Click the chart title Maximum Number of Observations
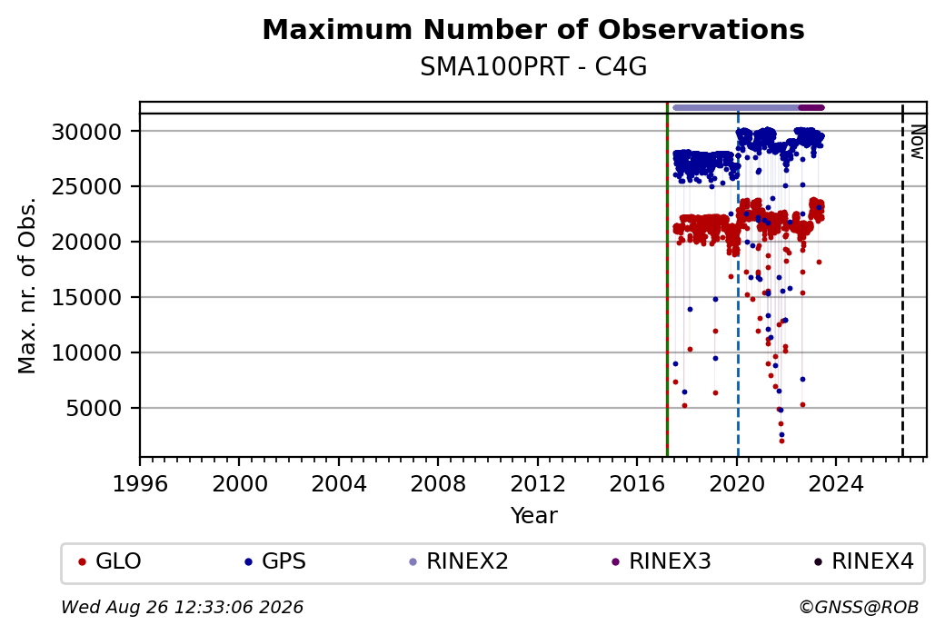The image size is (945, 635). pyautogui.click(x=533, y=29)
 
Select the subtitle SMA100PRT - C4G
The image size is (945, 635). pyautogui.click(x=533, y=67)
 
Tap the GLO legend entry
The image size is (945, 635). pyautogui.click(x=110, y=561)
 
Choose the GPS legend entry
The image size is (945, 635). pyautogui.click(x=274, y=561)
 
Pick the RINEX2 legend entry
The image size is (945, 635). pyautogui.click(x=459, y=561)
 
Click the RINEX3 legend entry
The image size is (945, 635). pyautogui.click(x=661, y=561)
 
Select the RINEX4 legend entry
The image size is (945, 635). pyautogui.click(x=863, y=561)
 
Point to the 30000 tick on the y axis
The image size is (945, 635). pyautogui.click(x=87, y=132)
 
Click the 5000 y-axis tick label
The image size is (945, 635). pyautogui.click(x=94, y=409)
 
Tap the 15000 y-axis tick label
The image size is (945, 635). pyautogui.click(x=87, y=298)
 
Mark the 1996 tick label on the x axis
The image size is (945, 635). pyautogui.click(x=141, y=483)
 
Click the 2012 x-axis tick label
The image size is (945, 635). pyautogui.click(x=538, y=483)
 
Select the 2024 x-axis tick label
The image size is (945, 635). pyautogui.click(x=836, y=483)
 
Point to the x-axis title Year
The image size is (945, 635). pyautogui.click(x=534, y=516)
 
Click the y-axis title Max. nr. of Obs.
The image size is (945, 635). pyautogui.click(x=27, y=285)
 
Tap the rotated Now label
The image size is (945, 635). pyautogui.click(x=917, y=143)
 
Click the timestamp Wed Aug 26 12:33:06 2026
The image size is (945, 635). pyautogui.click(x=182, y=607)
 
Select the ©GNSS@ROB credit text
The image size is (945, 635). pyautogui.click(x=859, y=607)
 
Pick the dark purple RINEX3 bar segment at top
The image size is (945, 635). pyautogui.click(x=811, y=108)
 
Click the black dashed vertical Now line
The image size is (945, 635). pyautogui.click(x=902, y=280)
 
